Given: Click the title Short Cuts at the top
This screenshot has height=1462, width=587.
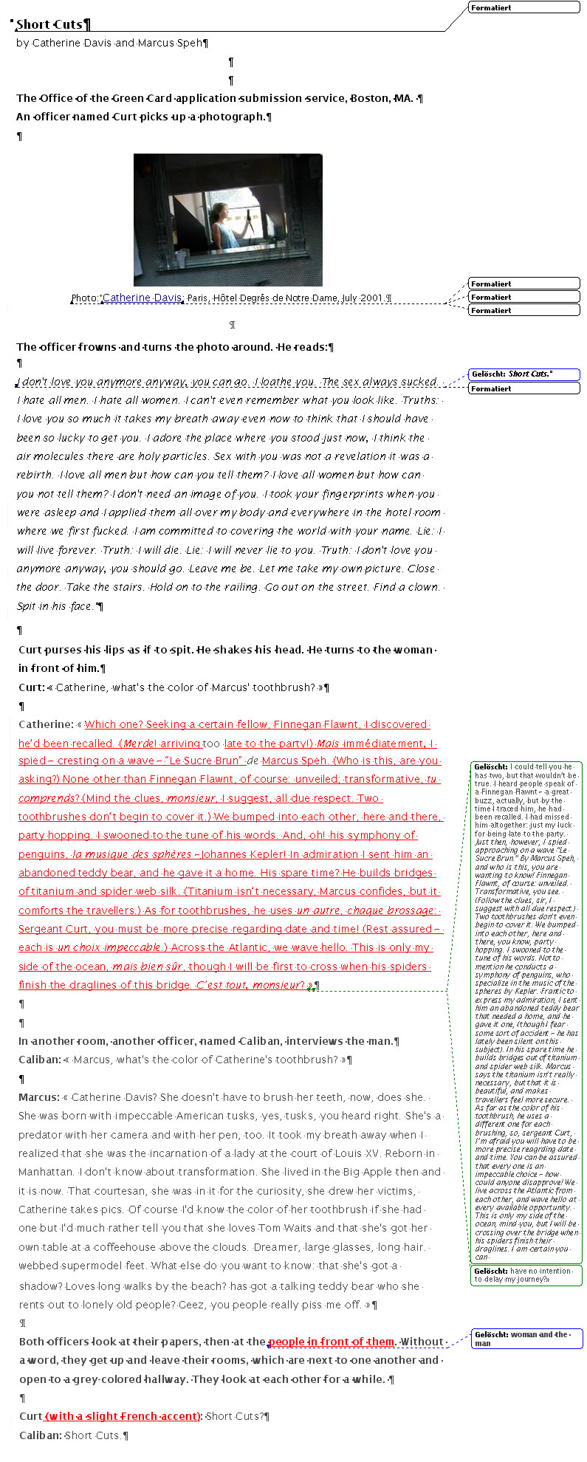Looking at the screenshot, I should pyautogui.click(x=49, y=24).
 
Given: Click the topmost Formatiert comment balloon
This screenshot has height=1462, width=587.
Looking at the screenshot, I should pyautogui.click(x=524, y=7).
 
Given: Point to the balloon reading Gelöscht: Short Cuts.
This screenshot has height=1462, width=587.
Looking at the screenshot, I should pyautogui.click(x=524, y=374).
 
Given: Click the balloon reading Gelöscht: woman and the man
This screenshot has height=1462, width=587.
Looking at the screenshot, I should pyautogui.click(x=526, y=1339).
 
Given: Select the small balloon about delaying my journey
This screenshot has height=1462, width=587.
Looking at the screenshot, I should pyautogui.click(x=526, y=1275).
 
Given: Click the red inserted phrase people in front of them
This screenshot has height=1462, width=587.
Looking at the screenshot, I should pyautogui.click(x=332, y=1342).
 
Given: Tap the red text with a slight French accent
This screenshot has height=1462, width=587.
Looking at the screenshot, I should pyautogui.click(x=123, y=1416).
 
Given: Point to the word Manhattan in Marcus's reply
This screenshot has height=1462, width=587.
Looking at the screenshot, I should pyautogui.click(x=47, y=1172).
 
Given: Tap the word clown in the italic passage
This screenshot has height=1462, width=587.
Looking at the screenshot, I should pyautogui.click(x=424, y=587).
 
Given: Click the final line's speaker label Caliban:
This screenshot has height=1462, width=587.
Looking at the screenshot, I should pyautogui.click(x=40, y=1435).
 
